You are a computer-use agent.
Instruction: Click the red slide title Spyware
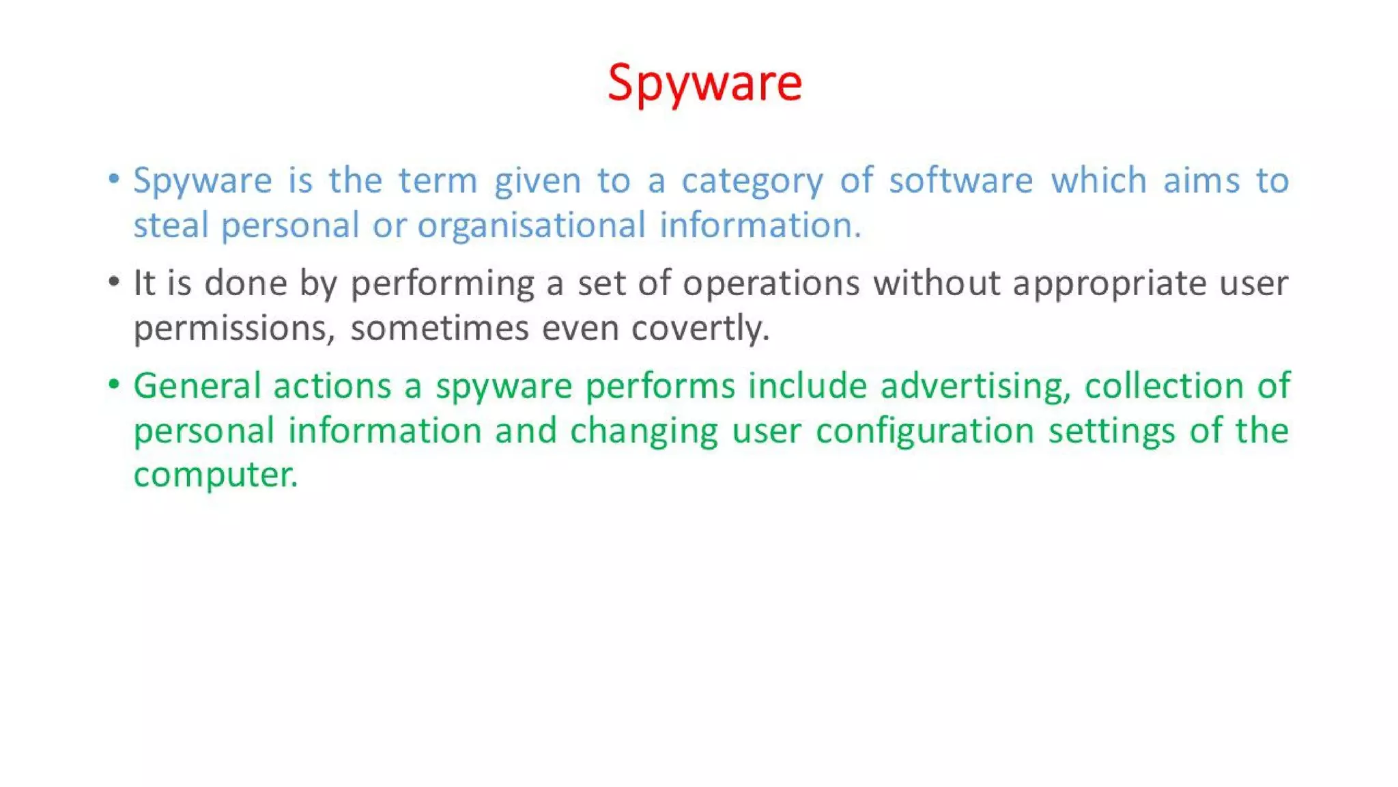[x=704, y=83]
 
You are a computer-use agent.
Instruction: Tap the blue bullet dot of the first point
[x=114, y=180]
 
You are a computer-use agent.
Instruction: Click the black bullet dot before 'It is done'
[x=114, y=282]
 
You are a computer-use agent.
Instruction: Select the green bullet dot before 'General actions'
[x=114, y=385]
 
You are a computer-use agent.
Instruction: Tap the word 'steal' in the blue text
[x=171, y=225]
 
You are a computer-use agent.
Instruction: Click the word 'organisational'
[x=531, y=226]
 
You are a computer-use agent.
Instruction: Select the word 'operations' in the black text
[x=771, y=284]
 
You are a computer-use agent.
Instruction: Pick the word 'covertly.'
[x=700, y=329]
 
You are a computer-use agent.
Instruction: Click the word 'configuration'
[x=925, y=432]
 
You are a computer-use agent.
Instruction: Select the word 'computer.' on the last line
[x=216, y=475]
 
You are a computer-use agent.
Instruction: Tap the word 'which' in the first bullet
[x=1098, y=180]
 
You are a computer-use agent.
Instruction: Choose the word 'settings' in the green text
[x=1111, y=432]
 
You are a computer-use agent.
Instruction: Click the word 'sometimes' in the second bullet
[x=440, y=329]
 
